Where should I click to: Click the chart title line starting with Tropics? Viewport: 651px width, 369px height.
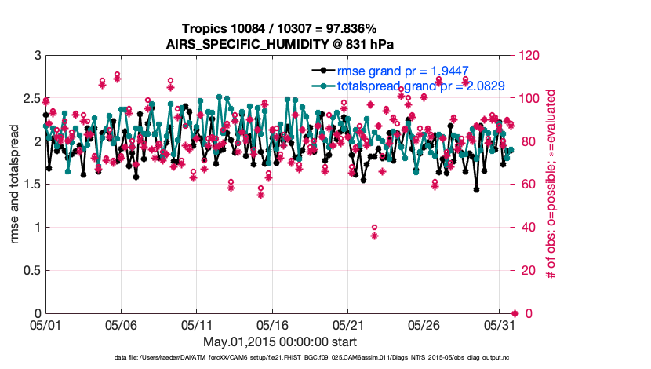[x=278, y=29]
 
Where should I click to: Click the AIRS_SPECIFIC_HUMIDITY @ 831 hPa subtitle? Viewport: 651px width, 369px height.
[x=278, y=43]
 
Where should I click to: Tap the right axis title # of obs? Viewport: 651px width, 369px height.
[x=552, y=184]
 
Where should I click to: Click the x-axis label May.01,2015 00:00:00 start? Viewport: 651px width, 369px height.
[x=279, y=342]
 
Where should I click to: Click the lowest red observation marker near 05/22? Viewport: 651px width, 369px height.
[x=375, y=236]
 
